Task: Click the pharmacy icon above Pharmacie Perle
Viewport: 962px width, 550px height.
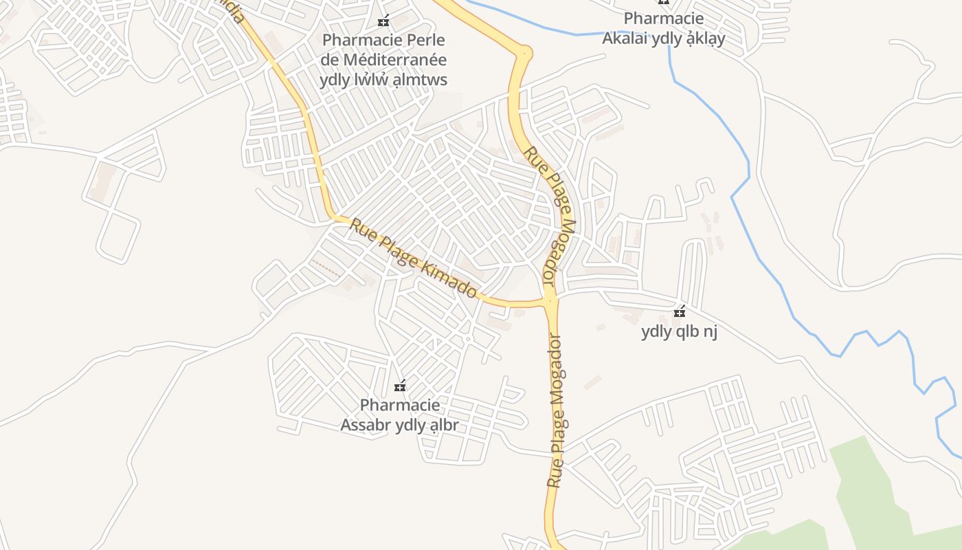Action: [383, 21]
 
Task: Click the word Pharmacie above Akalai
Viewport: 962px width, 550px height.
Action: [663, 19]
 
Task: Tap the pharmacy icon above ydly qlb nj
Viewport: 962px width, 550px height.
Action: [680, 312]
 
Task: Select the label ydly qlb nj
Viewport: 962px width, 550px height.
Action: [679, 332]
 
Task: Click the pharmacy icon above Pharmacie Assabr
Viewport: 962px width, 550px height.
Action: [400, 386]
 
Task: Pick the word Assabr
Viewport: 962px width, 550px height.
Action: [365, 425]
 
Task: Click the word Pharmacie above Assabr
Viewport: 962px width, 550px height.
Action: [400, 405]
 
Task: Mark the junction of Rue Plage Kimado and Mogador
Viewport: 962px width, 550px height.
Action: [549, 300]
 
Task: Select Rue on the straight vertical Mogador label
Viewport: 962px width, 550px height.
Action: [555, 475]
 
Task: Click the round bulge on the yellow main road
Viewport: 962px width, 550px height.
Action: [525, 52]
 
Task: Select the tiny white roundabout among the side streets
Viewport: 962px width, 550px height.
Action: [467, 339]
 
